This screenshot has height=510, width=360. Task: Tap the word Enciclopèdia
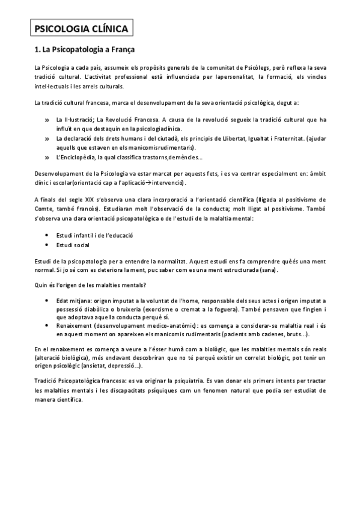pyautogui.click(x=82, y=158)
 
